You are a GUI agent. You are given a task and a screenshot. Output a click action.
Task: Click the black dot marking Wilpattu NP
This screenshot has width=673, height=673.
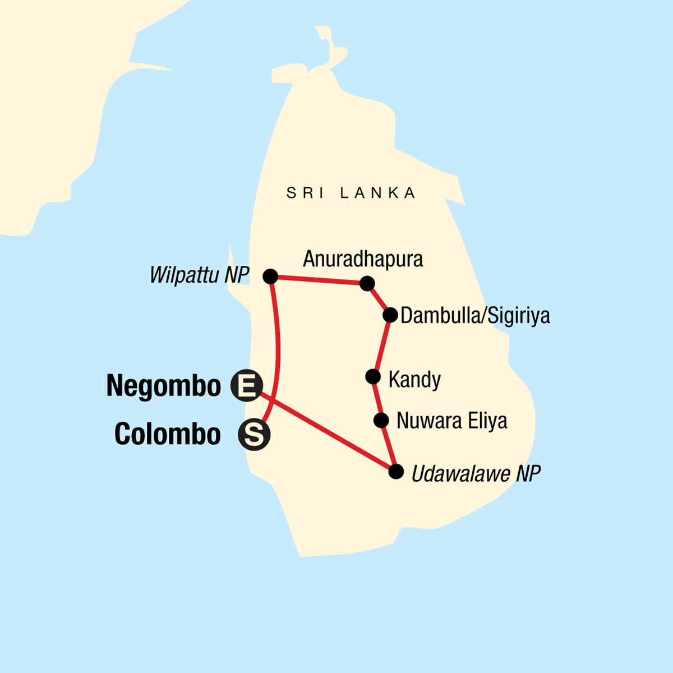[270, 276]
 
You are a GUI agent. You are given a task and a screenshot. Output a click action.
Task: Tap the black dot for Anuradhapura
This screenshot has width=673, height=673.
[367, 283]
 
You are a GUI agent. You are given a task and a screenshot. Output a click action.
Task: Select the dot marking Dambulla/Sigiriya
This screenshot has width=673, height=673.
[390, 315]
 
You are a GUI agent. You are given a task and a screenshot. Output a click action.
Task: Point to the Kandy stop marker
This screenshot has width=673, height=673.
[373, 376]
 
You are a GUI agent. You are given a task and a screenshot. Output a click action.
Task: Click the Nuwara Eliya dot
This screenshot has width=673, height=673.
[381, 420]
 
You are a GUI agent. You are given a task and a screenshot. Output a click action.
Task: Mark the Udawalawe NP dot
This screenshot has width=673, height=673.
[396, 471]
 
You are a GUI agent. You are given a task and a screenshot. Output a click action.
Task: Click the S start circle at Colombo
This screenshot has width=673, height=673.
[254, 435]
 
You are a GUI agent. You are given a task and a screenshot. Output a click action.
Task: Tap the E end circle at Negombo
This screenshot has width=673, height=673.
[246, 386]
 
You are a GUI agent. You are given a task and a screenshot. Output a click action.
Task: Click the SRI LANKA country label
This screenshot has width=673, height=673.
[351, 193]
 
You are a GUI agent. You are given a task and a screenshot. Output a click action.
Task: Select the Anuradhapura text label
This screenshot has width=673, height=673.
[363, 259]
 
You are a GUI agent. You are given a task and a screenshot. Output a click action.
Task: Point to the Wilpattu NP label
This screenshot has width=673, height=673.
[199, 275]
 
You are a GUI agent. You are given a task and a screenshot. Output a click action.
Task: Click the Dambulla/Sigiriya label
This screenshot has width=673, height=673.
[475, 315]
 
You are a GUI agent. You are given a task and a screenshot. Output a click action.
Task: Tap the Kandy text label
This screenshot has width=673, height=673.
[414, 380]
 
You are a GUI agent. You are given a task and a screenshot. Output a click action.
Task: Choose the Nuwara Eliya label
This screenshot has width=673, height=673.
[451, 421]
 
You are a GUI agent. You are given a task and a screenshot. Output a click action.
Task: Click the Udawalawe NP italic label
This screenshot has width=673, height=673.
[476, 474]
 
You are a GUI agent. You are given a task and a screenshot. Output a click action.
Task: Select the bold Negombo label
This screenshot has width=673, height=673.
[164, 386]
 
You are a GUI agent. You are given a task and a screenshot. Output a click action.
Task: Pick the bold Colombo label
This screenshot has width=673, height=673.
[167, 434]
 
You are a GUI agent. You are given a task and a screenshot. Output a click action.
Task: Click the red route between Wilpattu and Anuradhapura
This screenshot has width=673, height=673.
[319, 280]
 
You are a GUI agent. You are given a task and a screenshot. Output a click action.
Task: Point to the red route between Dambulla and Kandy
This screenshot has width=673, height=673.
[382, 345]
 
